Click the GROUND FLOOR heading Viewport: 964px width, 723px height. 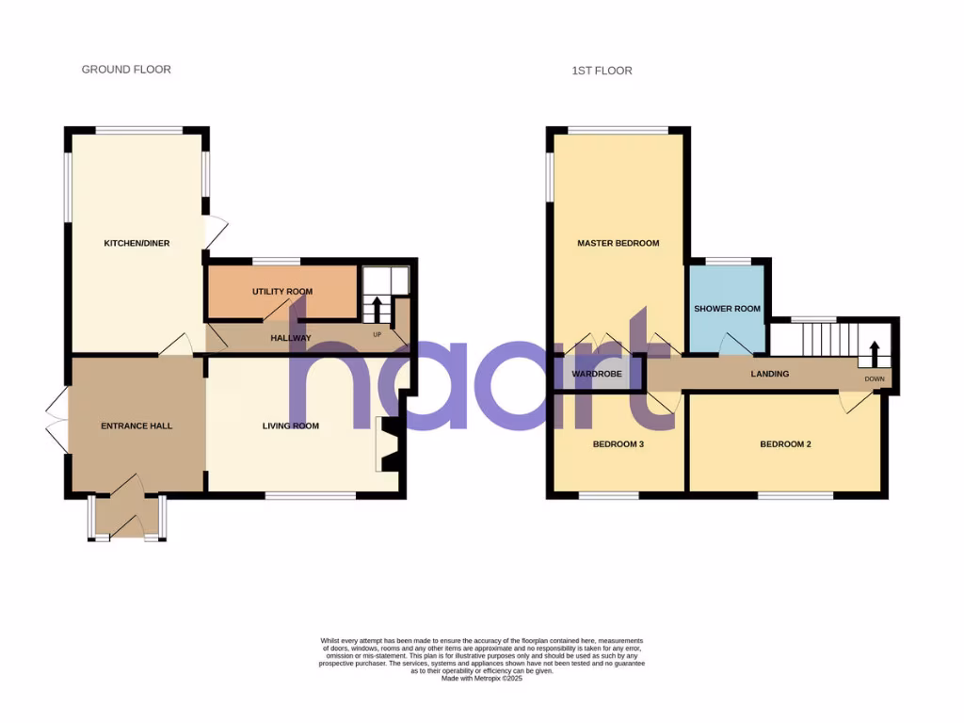tap(126, 70)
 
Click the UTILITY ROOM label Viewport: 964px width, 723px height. tap(281, 292)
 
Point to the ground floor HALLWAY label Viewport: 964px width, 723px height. tap(291, 338)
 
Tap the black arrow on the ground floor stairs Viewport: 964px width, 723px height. tap(377, 308)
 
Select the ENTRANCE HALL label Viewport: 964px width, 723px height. tap(137, 426)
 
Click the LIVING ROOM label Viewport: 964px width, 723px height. tap(290, 426)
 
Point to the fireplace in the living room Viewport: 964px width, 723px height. tap(389, 444)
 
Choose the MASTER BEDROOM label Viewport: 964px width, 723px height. tap(618, 244)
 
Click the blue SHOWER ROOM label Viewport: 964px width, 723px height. tap(727, 309)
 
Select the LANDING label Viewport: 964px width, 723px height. tap(769, 375)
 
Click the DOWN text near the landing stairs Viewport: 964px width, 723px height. tap(875, 379)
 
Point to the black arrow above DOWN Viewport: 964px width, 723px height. tap(873, 354)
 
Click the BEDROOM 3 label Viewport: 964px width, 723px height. tap(618, 444)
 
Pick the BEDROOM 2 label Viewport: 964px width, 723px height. tap(785, 444)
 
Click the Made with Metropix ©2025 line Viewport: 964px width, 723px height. tap(481, 678)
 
